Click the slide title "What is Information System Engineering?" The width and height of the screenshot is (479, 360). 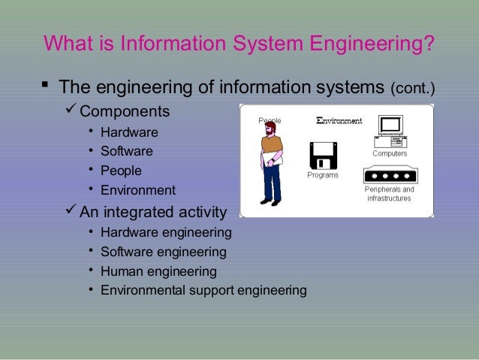click(239, 42)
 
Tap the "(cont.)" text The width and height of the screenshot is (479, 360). click(413, 90)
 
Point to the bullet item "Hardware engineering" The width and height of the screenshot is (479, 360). click(166, 232)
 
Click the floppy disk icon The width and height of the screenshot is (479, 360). click(322, 156)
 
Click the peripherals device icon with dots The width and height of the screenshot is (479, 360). click(389, 174)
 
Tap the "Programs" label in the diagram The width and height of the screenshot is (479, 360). click(322, 176)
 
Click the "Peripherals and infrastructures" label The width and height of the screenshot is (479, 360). click(389, 194)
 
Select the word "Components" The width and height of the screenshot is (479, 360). click(125, 113)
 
